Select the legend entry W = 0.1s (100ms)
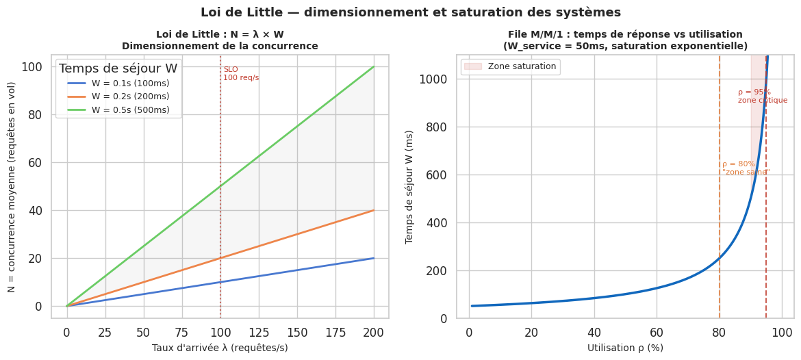click(x=130, y=83)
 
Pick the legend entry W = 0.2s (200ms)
click(x=130, y=97)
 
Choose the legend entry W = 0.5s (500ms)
click(x=130, y=110)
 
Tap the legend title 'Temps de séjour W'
click(x=118, y=68)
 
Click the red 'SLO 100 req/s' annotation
click(x=241, y=73)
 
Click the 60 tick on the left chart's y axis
click(x=35, y=163)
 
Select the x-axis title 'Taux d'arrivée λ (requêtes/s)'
click(x=220, y=348)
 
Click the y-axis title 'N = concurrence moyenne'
click(x=12, y=187)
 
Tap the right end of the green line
click(x=374, y=67)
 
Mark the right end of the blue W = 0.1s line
click(x=374, y=258)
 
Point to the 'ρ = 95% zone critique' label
click(x=762, y=97)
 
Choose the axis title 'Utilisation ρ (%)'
click(x=625, y=348)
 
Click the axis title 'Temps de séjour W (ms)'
click(x=409, y=187)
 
